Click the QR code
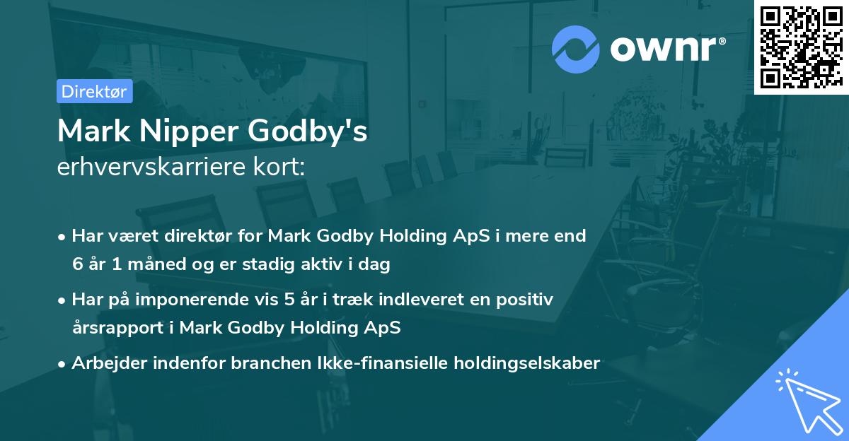pos(801,47)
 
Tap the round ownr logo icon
pos(575,49)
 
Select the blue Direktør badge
pos(94,91)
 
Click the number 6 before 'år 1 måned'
pos(76,265)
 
